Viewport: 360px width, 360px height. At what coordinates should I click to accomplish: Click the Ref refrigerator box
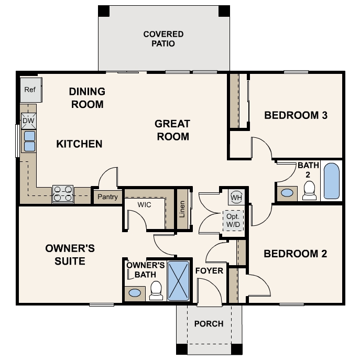point(30,90)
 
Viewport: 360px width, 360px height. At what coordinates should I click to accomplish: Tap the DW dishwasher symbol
point(28,121)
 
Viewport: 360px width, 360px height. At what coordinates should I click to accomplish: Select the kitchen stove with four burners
point(62,194)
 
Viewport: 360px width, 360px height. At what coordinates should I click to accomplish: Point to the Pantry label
point(107,198)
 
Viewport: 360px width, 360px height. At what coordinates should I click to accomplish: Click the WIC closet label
point(145,204)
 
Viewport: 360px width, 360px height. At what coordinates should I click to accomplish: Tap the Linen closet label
point(182,208)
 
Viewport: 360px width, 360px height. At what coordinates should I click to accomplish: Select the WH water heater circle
point(236,198)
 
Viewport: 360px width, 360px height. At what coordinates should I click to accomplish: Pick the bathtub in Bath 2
point(331,181)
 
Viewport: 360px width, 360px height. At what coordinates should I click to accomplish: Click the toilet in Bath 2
point(310,191)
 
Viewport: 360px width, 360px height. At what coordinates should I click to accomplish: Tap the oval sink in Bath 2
point(287,193)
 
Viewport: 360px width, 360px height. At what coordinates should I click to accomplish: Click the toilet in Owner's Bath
point(156,291)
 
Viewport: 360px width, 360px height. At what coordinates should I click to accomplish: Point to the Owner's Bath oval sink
point(135,292)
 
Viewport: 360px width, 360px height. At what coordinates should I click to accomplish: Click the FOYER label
point(209,271)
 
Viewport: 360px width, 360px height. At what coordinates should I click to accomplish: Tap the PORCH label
point(209,324)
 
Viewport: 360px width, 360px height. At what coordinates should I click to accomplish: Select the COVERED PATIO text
point(163,39)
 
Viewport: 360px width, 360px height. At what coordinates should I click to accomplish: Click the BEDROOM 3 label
point(296,115)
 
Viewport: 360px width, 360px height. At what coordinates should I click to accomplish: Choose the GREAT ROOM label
point(172,130)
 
